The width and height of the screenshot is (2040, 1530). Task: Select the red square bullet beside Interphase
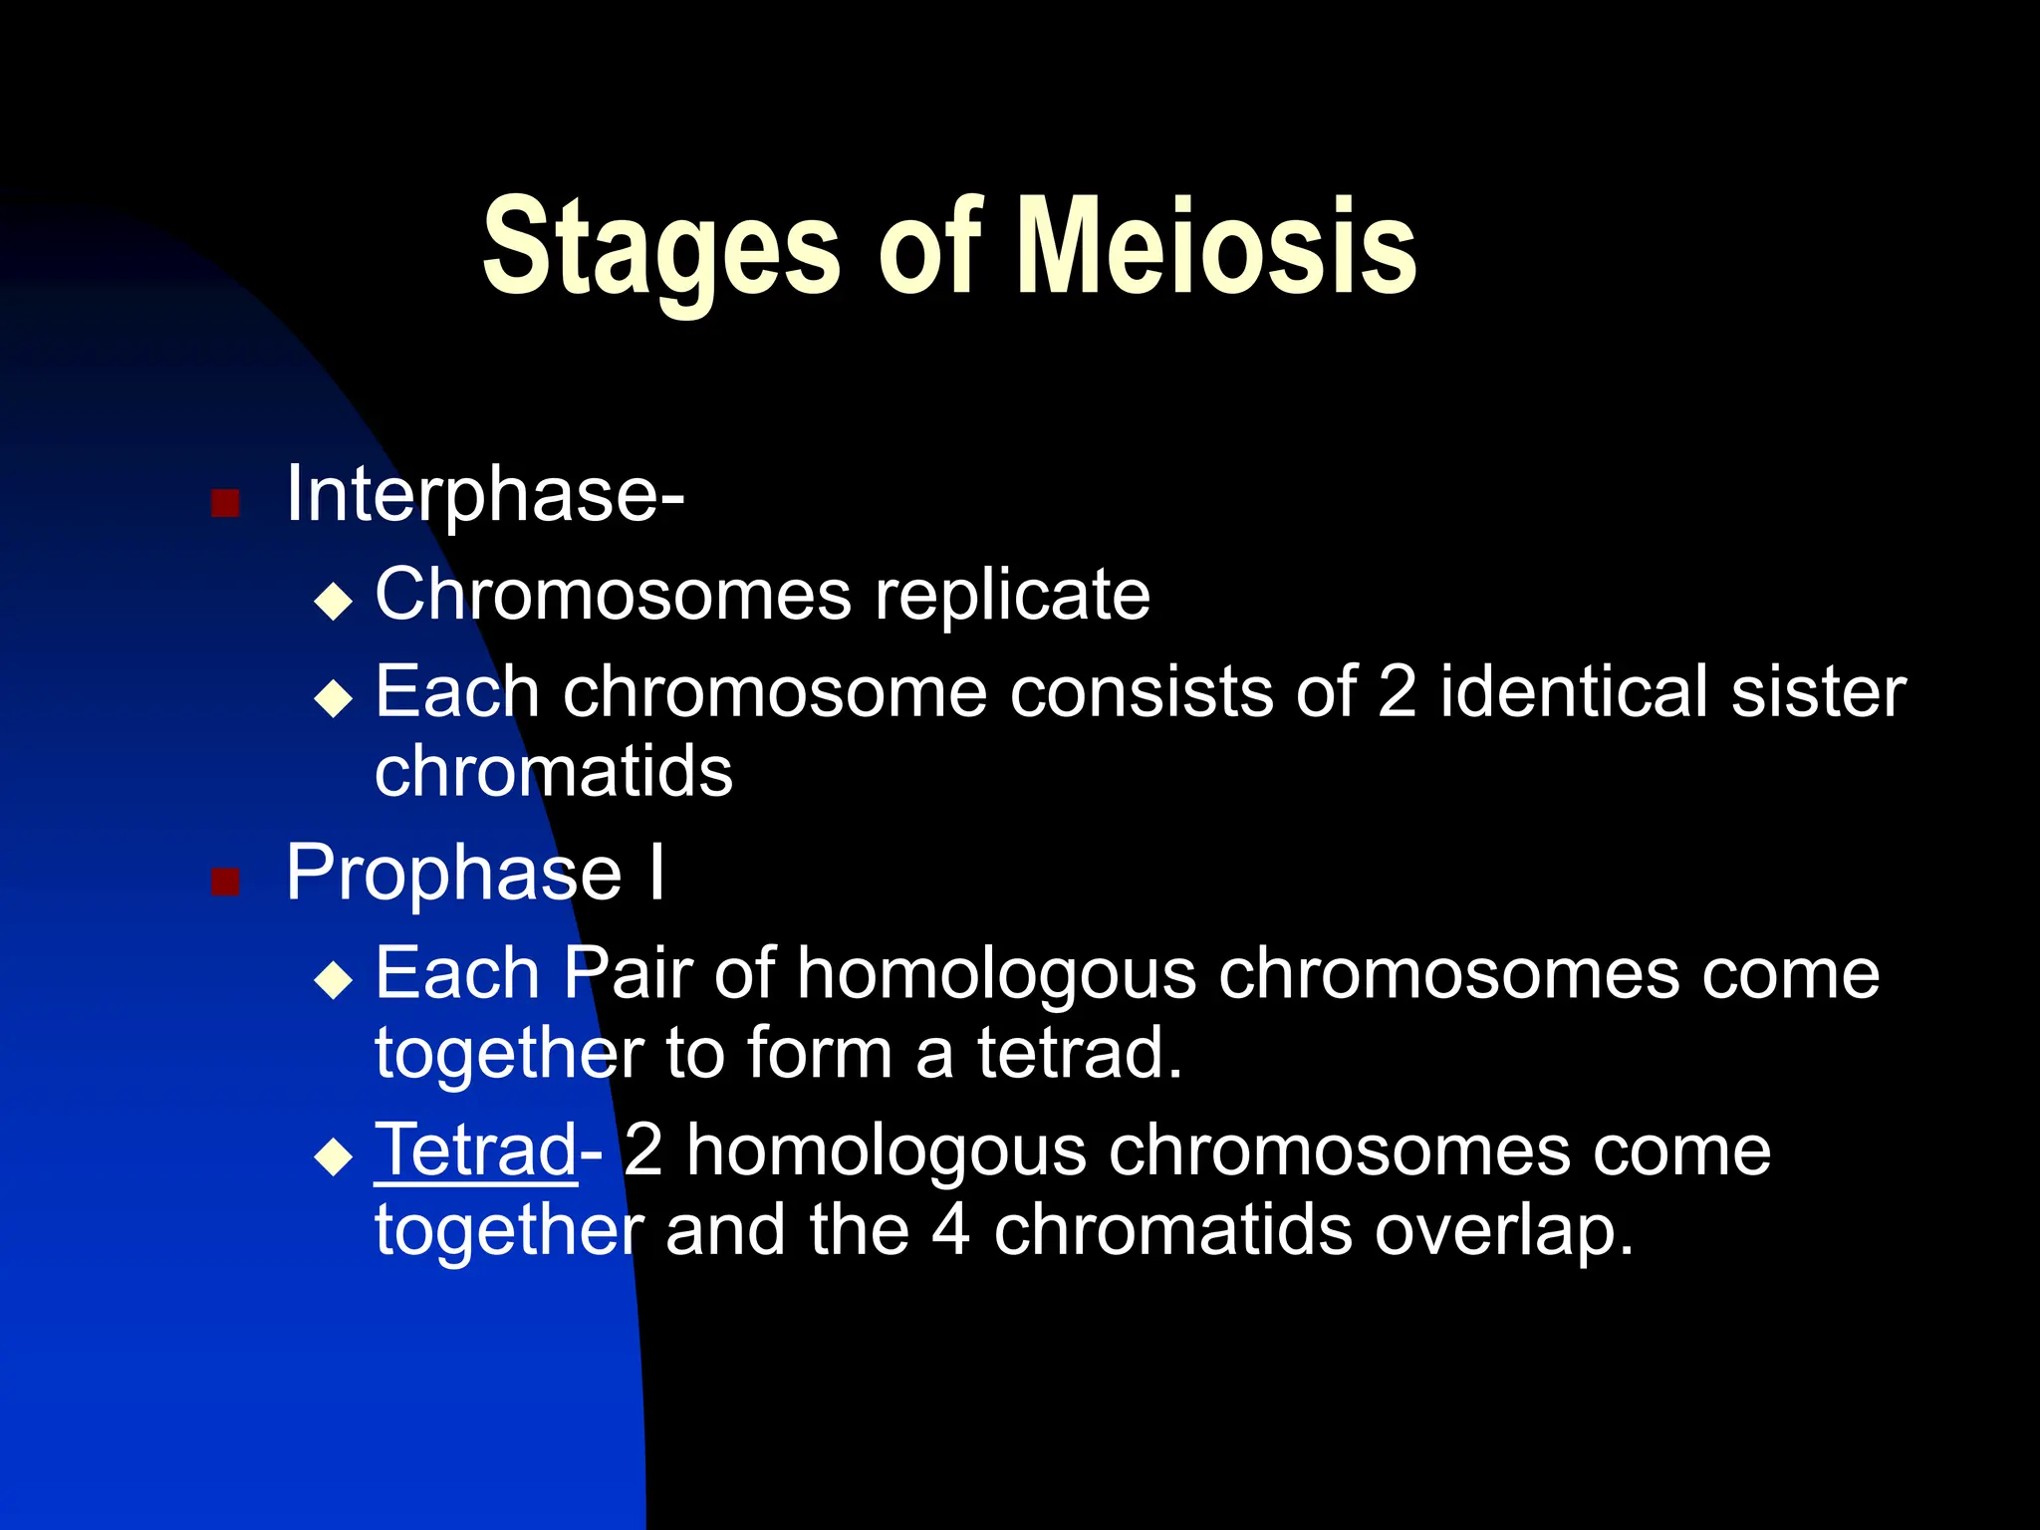(x=226, y=503)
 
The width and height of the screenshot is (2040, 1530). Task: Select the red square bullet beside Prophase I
(x=226, y=882)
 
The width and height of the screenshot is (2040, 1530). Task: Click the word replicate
(x=1012, y=596)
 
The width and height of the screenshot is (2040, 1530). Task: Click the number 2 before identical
(x=1397, y=691)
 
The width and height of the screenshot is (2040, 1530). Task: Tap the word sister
(x=1818, y=691)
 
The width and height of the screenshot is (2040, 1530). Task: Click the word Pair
(x=628, y=972)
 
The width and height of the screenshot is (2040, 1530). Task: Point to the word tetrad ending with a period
(x=1078, y=1053)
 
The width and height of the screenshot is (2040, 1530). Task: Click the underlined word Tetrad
(x=475, y=1150)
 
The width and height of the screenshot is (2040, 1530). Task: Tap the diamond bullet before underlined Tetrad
(x=333, y=1157)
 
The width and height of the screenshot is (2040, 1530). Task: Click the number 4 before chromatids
(x=950, y=1230)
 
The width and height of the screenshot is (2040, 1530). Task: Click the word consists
(x=1141, y=691)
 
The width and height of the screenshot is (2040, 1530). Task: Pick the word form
(x=819, y=1053)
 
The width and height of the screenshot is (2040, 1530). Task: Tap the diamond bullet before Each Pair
(x=333, y=980)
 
